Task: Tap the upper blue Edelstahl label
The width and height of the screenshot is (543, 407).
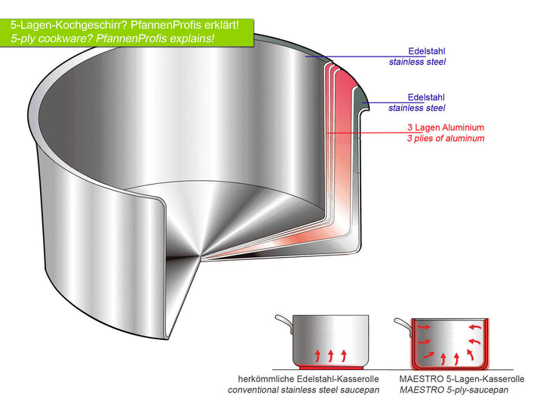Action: pyautogui.click(x=426, y=50)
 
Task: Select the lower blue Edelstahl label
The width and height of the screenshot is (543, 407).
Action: pyautogui.click(x=426, y=97)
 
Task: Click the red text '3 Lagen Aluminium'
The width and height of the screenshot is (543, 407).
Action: pyautogui.click(x=446, y=127)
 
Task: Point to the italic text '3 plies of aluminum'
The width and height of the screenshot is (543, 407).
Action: pyautogui.click(x=446, y=139)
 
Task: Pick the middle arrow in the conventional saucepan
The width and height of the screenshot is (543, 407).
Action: pyautogui.click(x=330, y=353)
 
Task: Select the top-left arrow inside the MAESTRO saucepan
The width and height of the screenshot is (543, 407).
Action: pyautogui.click(x=424, y=328)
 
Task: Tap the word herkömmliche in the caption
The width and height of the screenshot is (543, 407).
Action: pyautogui.click(x=261, y=378)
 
